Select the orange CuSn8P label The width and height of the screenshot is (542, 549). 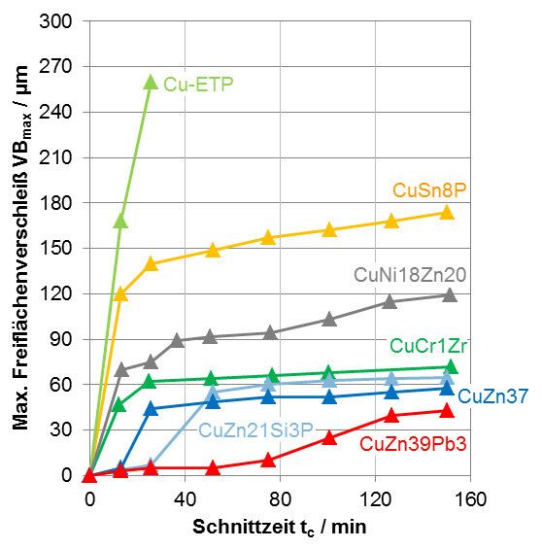coord(430,190)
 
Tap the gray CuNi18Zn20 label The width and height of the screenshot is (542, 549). coord(410,275)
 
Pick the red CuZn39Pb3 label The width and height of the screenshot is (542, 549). coord(412,445)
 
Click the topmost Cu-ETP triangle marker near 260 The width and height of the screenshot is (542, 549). coord(151,82)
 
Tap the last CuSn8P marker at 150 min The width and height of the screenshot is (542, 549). coord(447,212)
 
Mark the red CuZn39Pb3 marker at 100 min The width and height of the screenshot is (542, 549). coord(328,437)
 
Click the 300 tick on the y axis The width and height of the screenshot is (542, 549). coord(61,21)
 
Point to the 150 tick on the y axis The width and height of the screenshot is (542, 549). coord(61,248)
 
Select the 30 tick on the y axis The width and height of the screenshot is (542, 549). coord(66,429)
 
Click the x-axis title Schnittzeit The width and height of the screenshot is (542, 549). coord(280,526)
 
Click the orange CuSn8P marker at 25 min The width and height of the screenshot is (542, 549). coord(151,263)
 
